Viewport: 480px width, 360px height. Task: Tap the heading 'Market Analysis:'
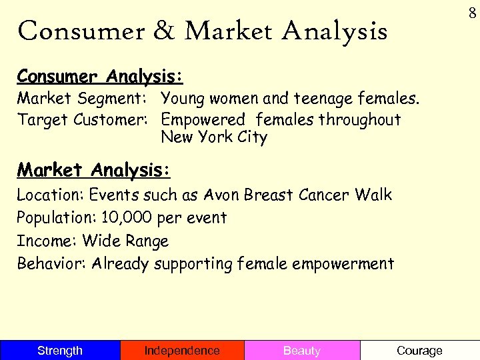(94, 170)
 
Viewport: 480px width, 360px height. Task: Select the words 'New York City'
(214, 138)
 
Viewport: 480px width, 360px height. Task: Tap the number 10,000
(126, 218)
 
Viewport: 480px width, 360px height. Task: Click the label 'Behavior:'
(51, 263)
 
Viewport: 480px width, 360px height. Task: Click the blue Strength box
(60, 351)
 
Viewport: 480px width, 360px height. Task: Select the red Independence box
(182, 351)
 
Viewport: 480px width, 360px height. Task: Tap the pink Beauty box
(302, 351)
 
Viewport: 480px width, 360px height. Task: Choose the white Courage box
(419, 351)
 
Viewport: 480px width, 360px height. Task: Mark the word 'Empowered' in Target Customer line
(204, 120)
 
